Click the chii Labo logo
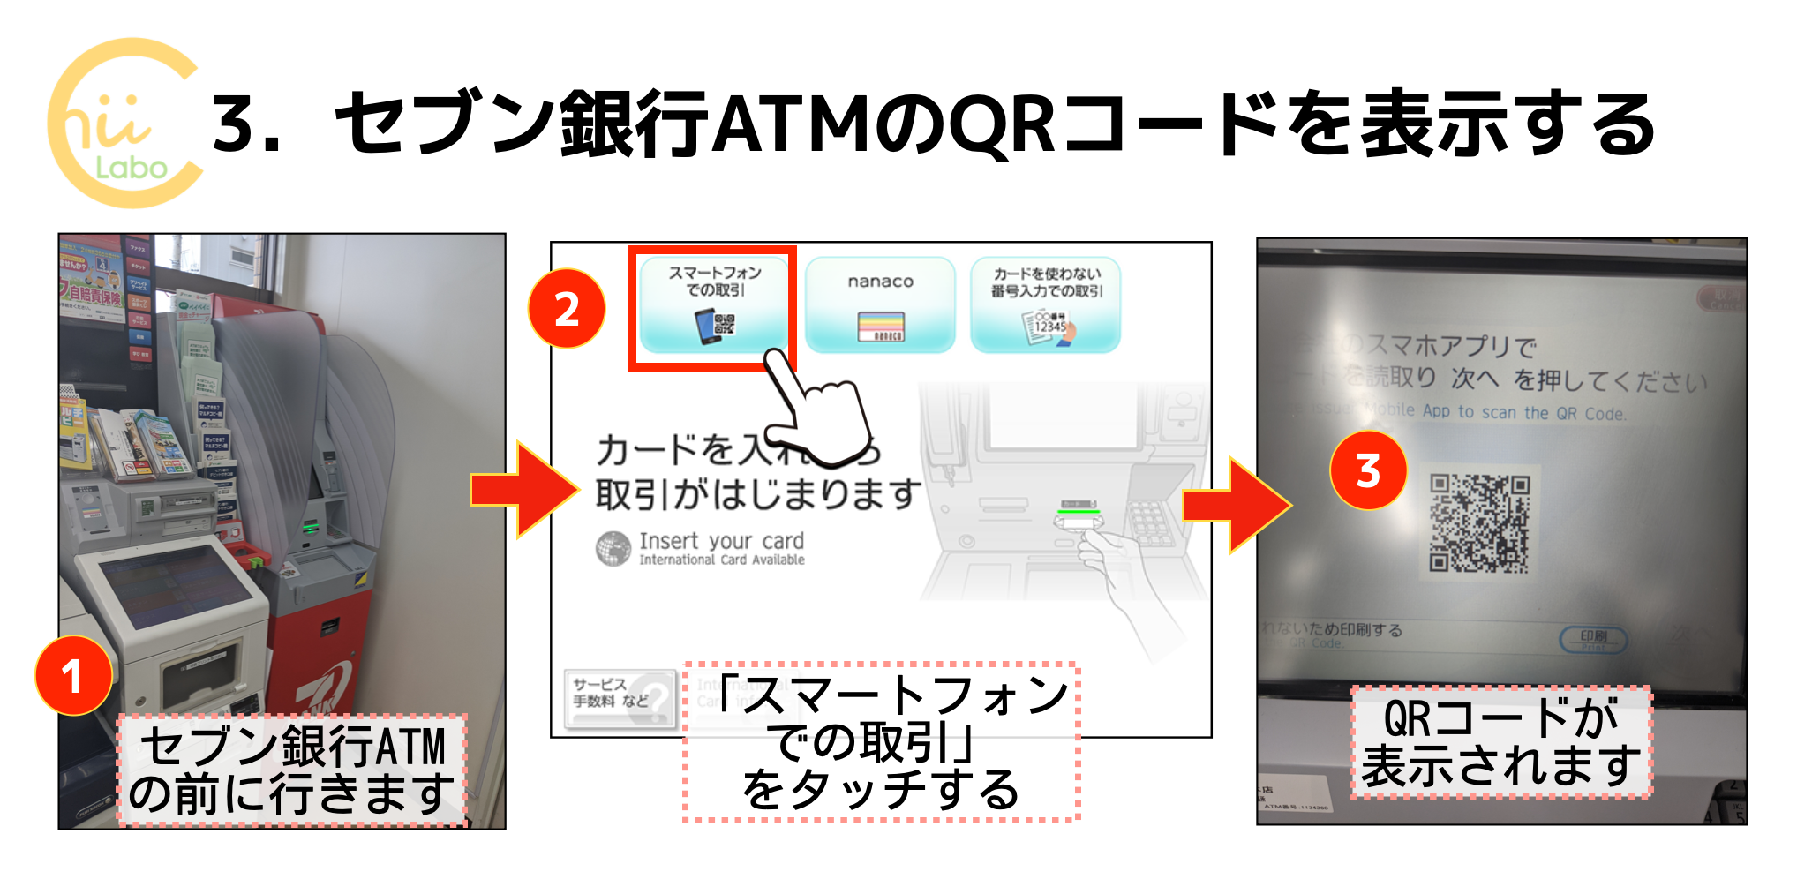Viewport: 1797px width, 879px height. coord(124,124)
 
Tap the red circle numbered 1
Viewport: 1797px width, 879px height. coord(73,676)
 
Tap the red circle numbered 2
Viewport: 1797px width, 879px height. coord(567,309)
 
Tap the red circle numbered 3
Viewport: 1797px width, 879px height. coord(1368,470)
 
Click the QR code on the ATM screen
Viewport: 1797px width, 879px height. coord(1480,522)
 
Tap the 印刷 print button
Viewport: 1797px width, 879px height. coord(1593,639)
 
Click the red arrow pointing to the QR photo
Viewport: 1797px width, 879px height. coord(1236,505)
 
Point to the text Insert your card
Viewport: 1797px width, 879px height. coord(721,540)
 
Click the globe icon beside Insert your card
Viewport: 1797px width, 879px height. coord(613,548)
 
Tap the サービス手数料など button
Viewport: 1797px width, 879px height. coord(619,695)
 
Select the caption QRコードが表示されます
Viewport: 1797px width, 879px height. coord(1500,742)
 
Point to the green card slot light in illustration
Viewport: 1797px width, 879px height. coord(1079,510)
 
